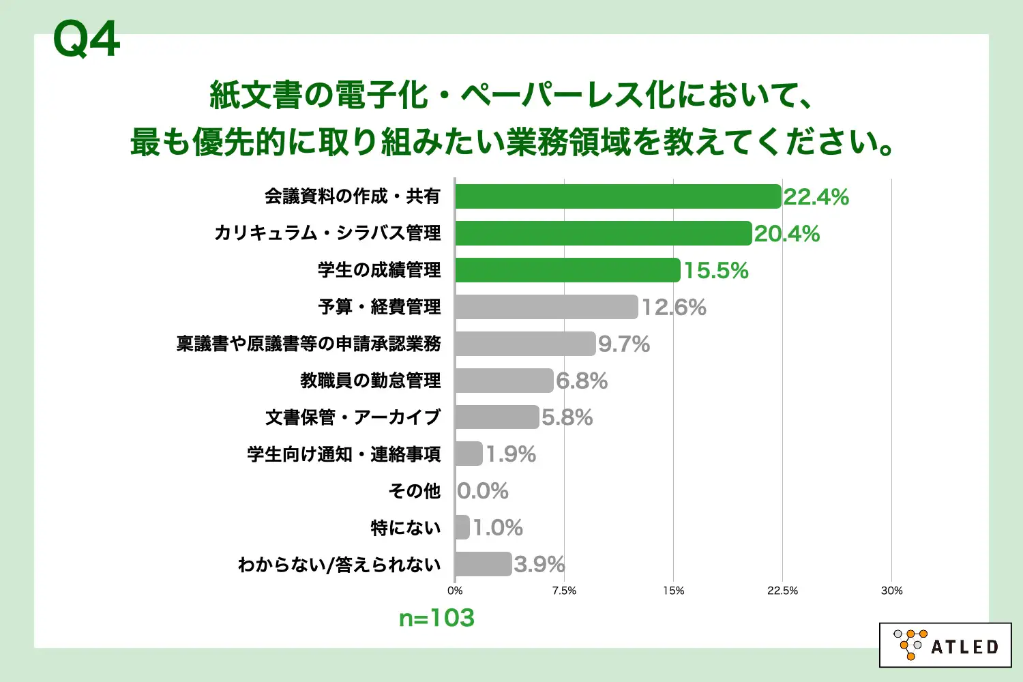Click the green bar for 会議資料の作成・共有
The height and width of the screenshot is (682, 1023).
617,196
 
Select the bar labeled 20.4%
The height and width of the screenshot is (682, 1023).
603,233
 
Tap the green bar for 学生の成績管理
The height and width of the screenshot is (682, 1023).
567,270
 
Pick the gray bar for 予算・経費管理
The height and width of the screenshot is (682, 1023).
546,307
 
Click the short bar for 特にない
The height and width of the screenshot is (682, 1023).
462,527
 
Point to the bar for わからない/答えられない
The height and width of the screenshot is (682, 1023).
483,564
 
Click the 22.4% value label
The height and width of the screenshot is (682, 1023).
816,197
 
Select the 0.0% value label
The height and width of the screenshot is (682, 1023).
483,491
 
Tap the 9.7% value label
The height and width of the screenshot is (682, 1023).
624,344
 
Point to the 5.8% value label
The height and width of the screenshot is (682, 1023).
567,417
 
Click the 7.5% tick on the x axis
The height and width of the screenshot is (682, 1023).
564,591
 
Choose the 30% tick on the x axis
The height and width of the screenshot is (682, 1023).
891,591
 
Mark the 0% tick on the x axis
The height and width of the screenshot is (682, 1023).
455,591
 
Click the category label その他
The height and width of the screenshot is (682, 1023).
415,491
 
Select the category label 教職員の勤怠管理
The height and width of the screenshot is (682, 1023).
370,381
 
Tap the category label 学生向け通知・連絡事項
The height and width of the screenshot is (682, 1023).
344,454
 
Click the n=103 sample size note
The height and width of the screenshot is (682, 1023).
436,618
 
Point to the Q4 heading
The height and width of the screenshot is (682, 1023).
87,40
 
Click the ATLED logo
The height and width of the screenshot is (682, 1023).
945,645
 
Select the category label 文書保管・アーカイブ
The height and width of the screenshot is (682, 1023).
353,417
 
